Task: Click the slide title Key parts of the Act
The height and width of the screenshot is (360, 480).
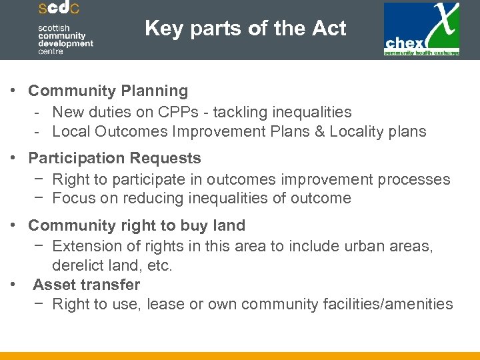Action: click(x=245, y=29)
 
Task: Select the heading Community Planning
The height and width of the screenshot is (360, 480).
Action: click(x=108, y=91)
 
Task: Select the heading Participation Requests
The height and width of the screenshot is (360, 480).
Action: click(x=115, y=159)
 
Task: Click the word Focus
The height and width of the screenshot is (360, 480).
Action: click(x=72, y=198)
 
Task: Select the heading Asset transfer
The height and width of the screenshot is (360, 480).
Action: click(x=86, y=285)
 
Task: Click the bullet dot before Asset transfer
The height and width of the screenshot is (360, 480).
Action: click(x=13, y=285)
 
